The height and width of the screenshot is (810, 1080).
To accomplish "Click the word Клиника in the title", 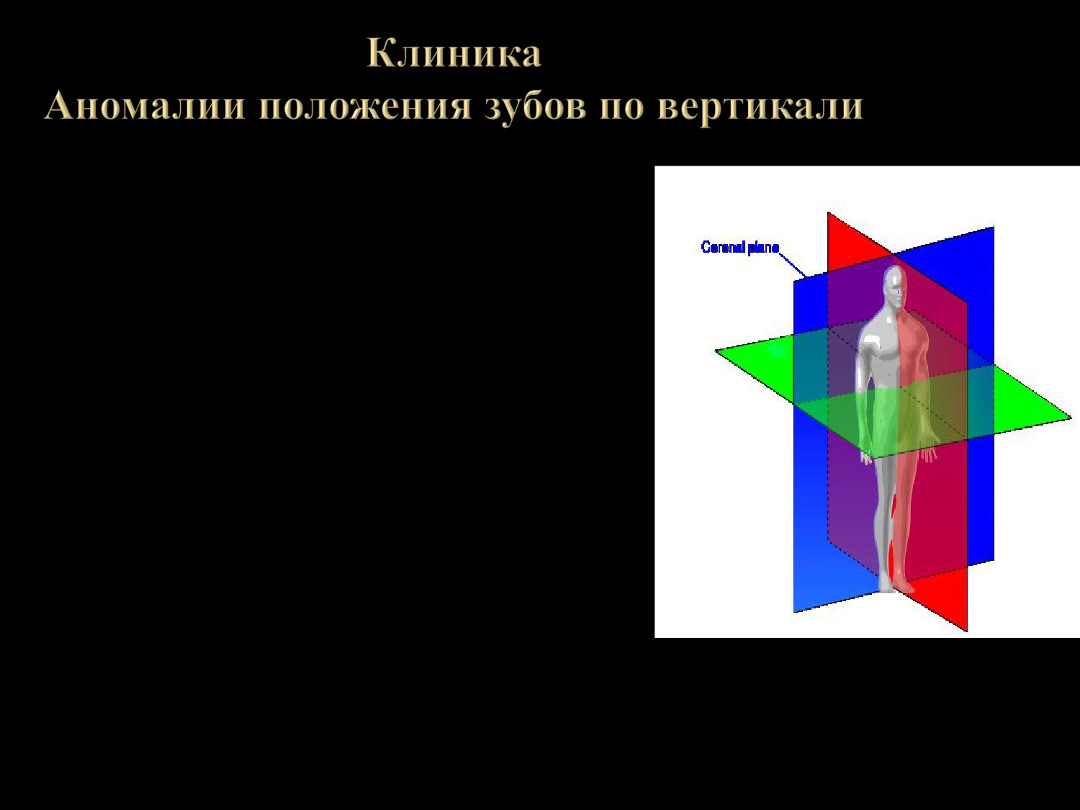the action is (454, 53).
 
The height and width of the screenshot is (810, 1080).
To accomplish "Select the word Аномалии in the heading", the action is (145, 105).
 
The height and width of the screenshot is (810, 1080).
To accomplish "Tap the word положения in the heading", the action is (365, 107).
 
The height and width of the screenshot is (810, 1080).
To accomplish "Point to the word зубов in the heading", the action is (536, 107).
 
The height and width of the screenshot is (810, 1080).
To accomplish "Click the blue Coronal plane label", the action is (740, 247).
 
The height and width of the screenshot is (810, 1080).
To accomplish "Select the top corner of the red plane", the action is (828, 212).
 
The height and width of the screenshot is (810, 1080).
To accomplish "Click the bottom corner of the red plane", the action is (967, 631).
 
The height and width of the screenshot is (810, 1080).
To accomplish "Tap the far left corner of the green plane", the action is (715, 351).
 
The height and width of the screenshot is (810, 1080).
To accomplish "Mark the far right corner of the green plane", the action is (1071, 418).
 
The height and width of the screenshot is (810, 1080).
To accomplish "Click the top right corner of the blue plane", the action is (994, 227).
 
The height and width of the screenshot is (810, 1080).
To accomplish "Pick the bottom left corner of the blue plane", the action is (793, 612).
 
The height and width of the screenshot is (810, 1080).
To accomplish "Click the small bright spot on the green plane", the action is (776, 350).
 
